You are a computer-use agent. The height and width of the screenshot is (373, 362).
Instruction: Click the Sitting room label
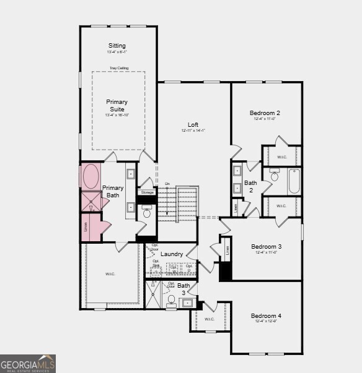[117, 46]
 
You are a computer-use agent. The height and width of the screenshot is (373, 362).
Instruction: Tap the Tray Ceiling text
[119, 68]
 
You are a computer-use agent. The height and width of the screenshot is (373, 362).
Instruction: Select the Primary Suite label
[117, 105]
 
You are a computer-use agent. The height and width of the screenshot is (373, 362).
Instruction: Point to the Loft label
[193, 125]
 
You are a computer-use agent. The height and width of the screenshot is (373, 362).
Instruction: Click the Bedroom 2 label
[265, 113]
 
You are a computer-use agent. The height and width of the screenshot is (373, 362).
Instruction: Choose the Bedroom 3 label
[267, 246]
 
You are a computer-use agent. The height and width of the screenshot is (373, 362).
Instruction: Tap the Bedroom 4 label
[266, 316]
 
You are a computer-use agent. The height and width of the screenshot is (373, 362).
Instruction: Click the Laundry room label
[172, 254]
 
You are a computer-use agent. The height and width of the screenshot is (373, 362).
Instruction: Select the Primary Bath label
[112, 191]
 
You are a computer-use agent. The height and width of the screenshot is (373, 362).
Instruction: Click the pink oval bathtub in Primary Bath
[90, 176]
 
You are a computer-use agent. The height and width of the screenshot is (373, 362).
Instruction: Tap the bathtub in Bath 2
[293, 181]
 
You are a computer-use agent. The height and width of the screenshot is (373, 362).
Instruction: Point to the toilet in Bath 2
[275, 175]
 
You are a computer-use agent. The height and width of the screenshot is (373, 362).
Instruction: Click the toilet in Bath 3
[172, 299]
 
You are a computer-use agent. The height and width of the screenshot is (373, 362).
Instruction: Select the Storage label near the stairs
[147, 192]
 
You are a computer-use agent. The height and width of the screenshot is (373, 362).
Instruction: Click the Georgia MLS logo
[28, 363]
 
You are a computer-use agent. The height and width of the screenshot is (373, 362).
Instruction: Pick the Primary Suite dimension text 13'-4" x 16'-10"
[117, 115]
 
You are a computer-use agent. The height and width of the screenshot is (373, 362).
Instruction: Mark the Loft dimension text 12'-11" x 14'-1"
[193, 131]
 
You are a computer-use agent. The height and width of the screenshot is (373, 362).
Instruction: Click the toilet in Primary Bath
[147, 212]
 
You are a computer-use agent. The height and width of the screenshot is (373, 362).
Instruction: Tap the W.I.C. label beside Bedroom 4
[210, 319]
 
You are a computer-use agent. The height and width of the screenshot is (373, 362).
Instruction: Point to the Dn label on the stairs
[167, 184]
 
